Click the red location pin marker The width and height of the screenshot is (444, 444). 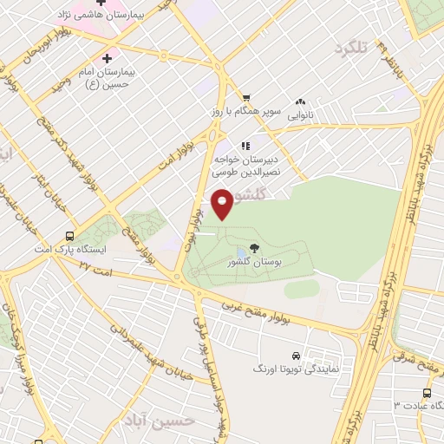pos(223,204)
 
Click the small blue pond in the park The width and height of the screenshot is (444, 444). pos(240,252)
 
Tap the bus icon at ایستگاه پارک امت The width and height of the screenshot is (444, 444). pos(69,236)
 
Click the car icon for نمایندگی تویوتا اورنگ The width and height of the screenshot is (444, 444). pos(297,356)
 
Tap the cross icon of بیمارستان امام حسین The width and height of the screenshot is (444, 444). pos(107,59)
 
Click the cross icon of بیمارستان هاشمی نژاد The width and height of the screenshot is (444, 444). pos(101,3)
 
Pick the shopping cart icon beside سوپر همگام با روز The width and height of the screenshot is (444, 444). pos(246,98)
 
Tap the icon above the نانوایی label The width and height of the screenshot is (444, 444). pos(301,101)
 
